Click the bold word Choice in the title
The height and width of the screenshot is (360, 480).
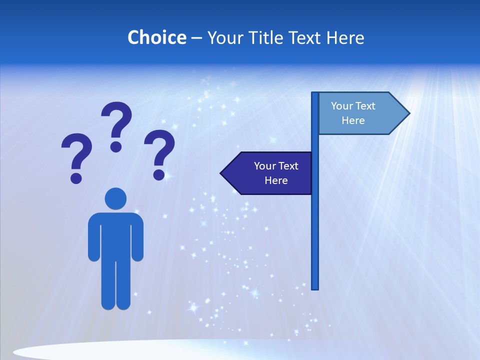(156, 37)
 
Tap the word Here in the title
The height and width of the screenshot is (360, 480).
(345, 37)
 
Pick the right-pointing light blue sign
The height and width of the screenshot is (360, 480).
(360, 113)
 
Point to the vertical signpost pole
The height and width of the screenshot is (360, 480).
(315, 225)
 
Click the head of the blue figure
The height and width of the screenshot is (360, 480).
(115, 198)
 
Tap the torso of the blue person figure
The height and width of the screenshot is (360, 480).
(115, 235)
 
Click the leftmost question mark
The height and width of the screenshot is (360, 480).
(76, 155)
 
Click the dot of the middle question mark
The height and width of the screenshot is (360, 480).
(116, 146)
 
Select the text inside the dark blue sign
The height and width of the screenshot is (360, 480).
(276, 173)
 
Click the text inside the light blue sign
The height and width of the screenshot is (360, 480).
(353, 113)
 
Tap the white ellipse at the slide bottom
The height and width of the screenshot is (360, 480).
(125, 351)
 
